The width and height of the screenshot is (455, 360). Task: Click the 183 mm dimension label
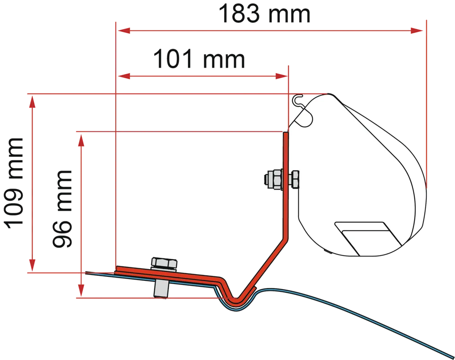click(x=264, y=14)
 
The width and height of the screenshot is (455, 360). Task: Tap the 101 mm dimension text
click(x=199, y=59)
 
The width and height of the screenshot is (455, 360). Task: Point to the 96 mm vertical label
click(x=62, y=209)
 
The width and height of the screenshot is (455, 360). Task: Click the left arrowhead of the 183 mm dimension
click(x=123, y=30)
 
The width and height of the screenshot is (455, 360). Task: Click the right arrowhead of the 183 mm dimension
click(x=417, y=30)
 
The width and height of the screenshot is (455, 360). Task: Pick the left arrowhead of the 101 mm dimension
click(x=123, y=76)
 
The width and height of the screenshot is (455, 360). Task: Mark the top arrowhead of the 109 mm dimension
click(x=32, y=101)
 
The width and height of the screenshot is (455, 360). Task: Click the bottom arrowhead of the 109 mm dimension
click(x=32, y=265)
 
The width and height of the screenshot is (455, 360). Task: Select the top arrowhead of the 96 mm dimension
click(x=81, y=140)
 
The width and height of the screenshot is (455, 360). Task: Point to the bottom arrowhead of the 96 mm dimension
click(x=81, y=290)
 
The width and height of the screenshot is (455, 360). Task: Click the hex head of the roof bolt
click(x=164, y=263)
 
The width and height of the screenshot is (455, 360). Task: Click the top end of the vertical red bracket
click(x=286, y=133)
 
